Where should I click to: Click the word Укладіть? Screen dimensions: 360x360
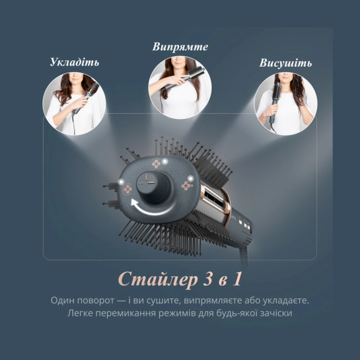coord(75,62)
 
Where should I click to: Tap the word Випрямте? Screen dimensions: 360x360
coord(180,47)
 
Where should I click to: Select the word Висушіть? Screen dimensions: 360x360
coord(285,63)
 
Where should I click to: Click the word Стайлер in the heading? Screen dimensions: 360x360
coord(158,279)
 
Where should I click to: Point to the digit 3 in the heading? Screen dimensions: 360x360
coord(207,279)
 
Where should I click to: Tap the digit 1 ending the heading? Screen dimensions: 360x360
coord(237,279)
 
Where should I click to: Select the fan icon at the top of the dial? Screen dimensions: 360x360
coord(157,164)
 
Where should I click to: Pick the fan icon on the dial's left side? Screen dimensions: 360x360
coord(127,190)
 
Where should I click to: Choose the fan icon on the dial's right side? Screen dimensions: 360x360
coord(186,186)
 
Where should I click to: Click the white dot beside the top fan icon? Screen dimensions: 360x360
coord(164,161)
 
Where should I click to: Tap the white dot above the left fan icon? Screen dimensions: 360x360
coord(121,182)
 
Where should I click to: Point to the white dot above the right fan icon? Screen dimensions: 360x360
coord(190,178)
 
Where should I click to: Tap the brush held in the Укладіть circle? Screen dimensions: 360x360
coord(86,98)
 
